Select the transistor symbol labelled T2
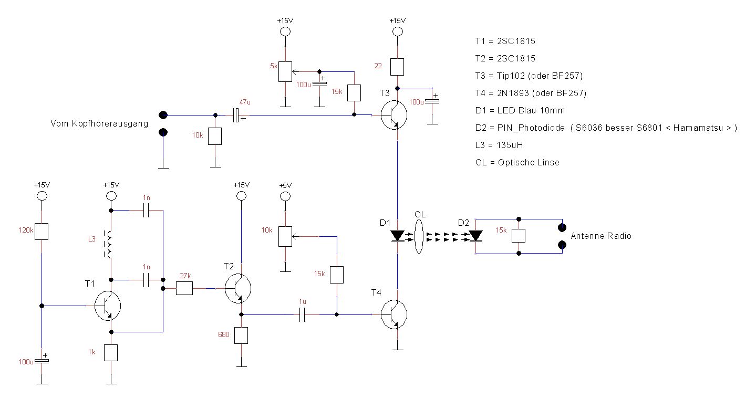click(x=237, y=288)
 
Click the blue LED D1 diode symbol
click(x=398, y=236)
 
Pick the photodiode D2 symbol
click(x=475, y=236)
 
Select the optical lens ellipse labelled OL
click(x=419, y=236)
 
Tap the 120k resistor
click(x=42, y=232)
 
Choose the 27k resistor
click(x=184, y=288)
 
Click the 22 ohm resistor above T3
click(x=398, y=66)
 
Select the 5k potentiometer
click(x=285, y=71)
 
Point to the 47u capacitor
click(x=238, y=115)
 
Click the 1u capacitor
click(x=302, y=315)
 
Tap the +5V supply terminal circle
click(x=285, y=196)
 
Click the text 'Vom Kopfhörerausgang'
click(x=99, y=123)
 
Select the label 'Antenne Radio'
click(x=601, y=236)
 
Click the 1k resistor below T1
click(x=111, y=353)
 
